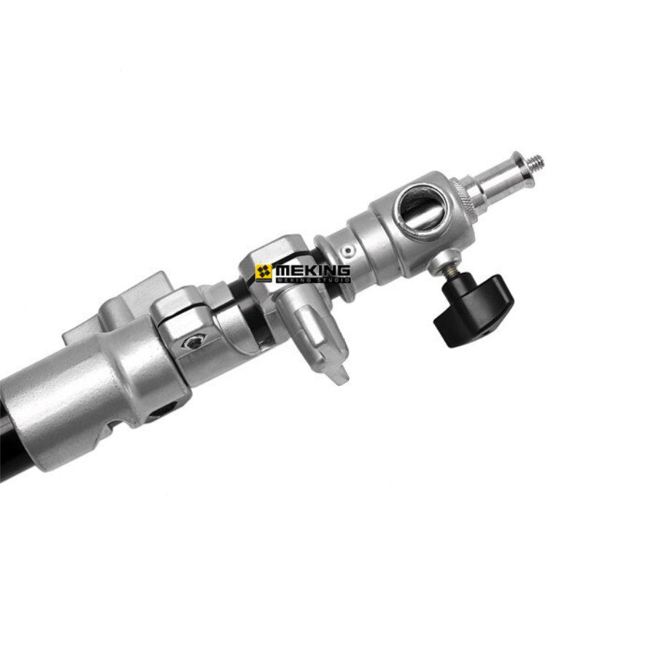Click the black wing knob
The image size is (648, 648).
473,310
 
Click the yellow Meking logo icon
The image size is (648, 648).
263,271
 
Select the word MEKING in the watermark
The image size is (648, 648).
313,271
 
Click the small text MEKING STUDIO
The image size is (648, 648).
313,281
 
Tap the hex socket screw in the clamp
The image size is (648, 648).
193,342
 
